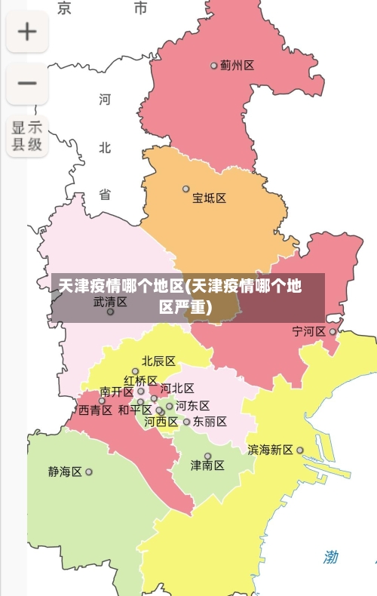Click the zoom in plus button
pyautogui.click(x=27, y=32)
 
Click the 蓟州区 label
pyautogui.click(x=237, y=66)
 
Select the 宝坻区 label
pyautogui.click(x=209, y=198)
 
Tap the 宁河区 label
pyautogui.click(x=308, y=331)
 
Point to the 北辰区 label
pyautogui.click(x=158, y=361)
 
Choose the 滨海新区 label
pyautogui.click(x=270, y=450)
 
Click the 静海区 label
pyautogui.click(x=65, y=472)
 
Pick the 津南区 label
pyautogui.click(x=207, y=465)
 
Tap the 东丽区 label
pyautogui.click(x=210, y=422)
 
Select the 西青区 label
pyautogui.click(x=95, y=410)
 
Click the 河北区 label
pyautogui.click(x=177, y=389)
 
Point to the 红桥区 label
pyautogui.click(x=140, y=381)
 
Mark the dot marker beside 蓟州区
pyautogui.click(x=214, y=66)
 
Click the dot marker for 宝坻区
pyautogui.click(x=186, y=189)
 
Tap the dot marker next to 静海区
pyautogui.click(x=89, y=472)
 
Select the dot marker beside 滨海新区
pyautogui.click(x=300, y=450)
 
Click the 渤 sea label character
pyautogui.click(x=331, y=558)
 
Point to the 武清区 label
pyautogui.click(x=110, y=302)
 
